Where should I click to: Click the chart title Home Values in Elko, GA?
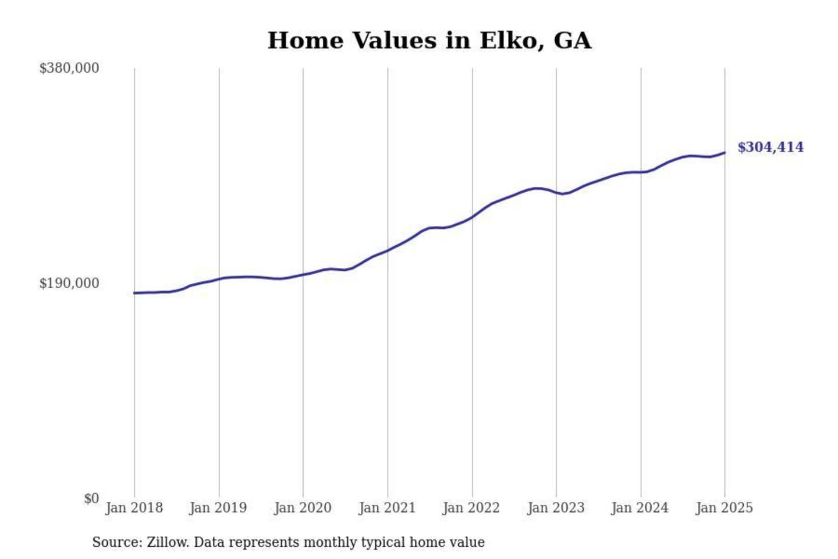pyautogui.click(x=429, y=41)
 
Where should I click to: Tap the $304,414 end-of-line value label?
pyautogui.click(x=770, y=147)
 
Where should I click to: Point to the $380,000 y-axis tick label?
pyautogui.click(x=69, y=68)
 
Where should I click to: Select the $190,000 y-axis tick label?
pyautogui.click(x=69, y=284)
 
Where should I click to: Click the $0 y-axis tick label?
pyautogui.click(x=91, y=498)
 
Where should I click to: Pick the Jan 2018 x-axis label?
pyautogui.click(x=134, y=508)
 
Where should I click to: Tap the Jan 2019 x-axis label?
pyautogui.click(x=218, y=508)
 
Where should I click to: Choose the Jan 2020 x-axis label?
pyautogui.click(x=303, y=508)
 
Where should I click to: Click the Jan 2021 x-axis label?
pyautogui.click(x=387, y=508)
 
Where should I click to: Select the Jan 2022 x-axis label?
pyautogui.click(x=471, y=508)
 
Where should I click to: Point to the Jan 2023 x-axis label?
pyautogui.click(x=556, y=508)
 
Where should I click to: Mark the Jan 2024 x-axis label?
pyautogui.click(x=640, y=508)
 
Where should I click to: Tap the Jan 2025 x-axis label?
pyautogui.click(x=725, y=508)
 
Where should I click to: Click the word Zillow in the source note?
pyautogui.click(x=167, y=542)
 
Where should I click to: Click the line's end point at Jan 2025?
pyautogui.click(x=725, y=153)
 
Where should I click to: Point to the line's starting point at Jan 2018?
pyautogui.click(x=134, y=293)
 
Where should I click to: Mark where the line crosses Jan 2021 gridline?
pyautogui.click(x=388, y=250)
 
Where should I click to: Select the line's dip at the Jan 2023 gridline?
pyautogui.click(x=556, y=192)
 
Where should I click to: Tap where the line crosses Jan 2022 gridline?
pyautogui.click(x=473, y=217)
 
